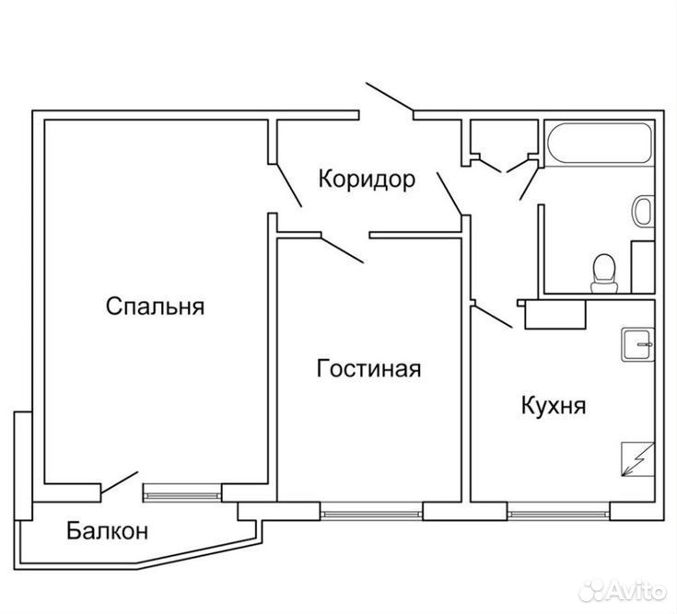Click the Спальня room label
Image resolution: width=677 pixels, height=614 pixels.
tap(155, 307)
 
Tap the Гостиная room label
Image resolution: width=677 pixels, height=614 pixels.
tap(368, 369)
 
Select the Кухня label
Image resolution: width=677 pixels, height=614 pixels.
tap(554, 406)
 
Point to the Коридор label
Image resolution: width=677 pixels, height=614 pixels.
tap(367, 180)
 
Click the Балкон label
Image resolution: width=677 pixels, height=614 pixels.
tap(108, 531)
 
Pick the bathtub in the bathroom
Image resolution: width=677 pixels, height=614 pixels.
tap(600, 144)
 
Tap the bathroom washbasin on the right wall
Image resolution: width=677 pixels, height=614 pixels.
tap(643, 211)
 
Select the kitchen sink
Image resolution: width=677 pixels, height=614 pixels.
tap(638, 345)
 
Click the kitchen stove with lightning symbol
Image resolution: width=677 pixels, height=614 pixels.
tap(638, 459)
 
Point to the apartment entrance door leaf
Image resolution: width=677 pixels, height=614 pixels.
tap(390, 97)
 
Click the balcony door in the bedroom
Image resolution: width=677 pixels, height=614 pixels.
tap(119, 482)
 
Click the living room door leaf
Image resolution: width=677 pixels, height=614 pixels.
tap(343, 249)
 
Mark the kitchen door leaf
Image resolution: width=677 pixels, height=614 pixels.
tap(494, 318)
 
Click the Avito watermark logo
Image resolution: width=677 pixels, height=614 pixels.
tap(622, 591)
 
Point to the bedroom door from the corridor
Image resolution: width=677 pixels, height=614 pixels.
tap(288, 185)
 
